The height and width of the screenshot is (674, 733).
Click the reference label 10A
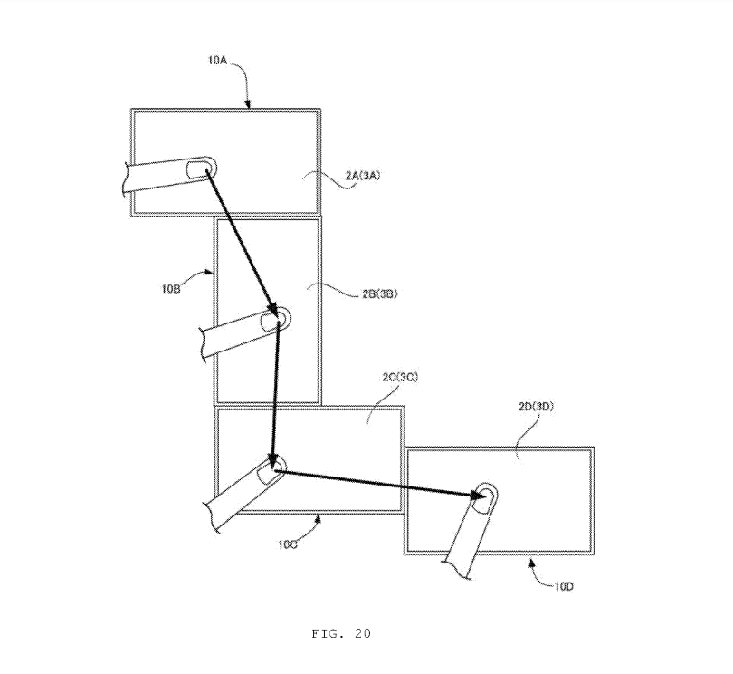pyautogui.click(x=217, y=60)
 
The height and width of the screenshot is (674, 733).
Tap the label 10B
pyautogui.click(x=171, y=288)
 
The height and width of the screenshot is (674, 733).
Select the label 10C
pyautogui.click(x=288, y=544)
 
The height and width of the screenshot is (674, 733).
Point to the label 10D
pyautogui.click(x=565, y=586)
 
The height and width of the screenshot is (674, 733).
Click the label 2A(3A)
pyautogui.click(x=363, y=176)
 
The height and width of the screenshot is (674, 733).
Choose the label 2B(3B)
pyautogui.click(x=380, y=294)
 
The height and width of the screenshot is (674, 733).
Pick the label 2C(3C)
pyautogui.click(x=400, y=377)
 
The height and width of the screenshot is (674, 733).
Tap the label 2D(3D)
pyautogui.click(x=537, y=406)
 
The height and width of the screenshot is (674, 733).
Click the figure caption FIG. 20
pyautogui.click(x=341, y=634)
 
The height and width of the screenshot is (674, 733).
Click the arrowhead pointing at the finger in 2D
pyautogui.click(x=478, y=496)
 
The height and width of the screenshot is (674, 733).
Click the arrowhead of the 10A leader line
pyautogui.click(x=248, y=104)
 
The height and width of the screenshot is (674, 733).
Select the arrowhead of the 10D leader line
pyautogui.click(x=531, y=563)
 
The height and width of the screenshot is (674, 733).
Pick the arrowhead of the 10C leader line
pyautogui.click(x=319, y=517)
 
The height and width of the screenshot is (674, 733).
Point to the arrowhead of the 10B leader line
pyautogui.click(x=210, y=272)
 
